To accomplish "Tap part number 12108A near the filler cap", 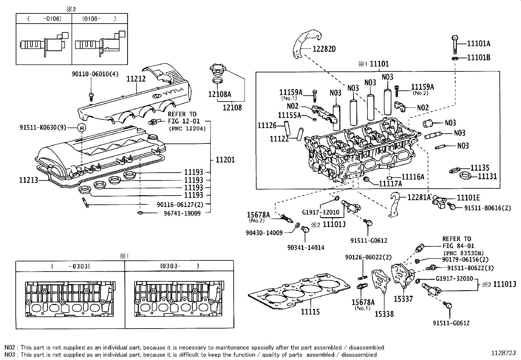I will [220, 94].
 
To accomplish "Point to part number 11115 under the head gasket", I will [310, 312].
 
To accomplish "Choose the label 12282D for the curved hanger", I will [324, 49].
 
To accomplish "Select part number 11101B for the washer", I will [478, 57].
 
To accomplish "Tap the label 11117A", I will [390, 184].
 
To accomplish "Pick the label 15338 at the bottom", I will [384, 314].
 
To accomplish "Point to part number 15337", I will [403, 299].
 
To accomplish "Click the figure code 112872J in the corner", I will [503, 353].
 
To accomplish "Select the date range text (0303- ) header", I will [179, 266].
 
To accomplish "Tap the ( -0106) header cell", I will [44, 19].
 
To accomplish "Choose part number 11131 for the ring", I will [487, 176].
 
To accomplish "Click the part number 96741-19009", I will [182, 213].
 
